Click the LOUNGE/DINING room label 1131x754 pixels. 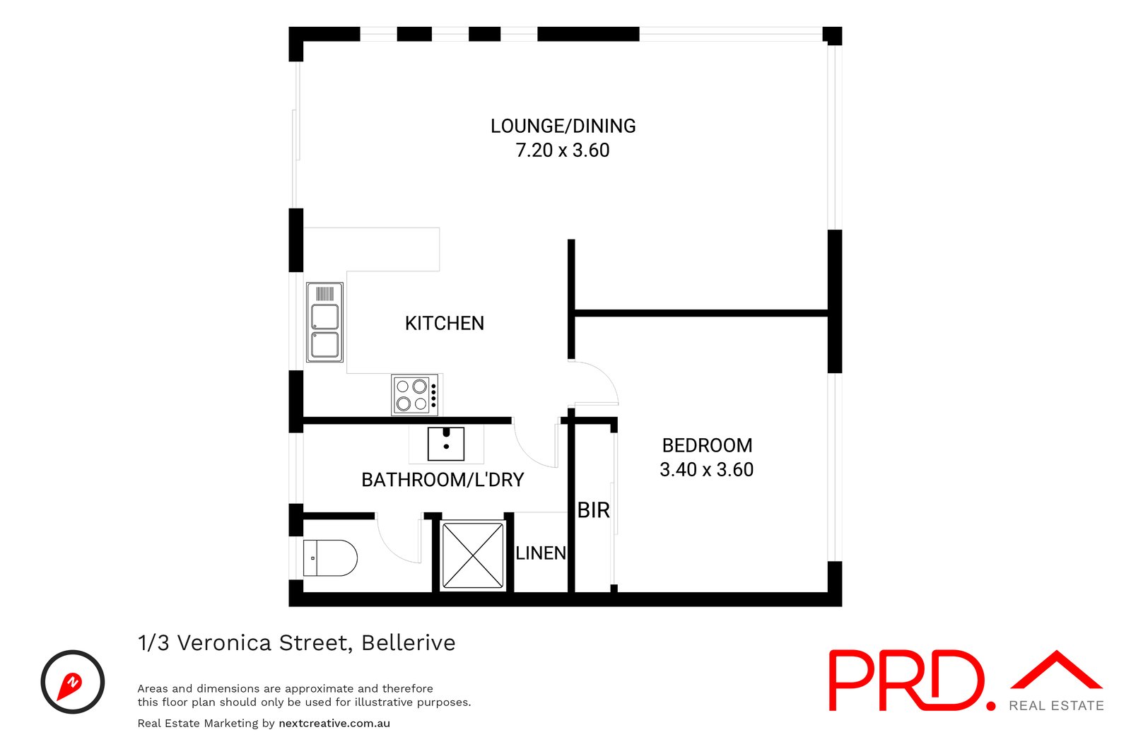click(563, 126)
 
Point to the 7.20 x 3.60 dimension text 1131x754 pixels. click(563, 151)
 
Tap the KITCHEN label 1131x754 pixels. click(444, 324)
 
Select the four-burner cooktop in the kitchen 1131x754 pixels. click(414, 395)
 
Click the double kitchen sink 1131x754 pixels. click(324, 322)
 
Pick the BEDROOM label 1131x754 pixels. click(707, 446)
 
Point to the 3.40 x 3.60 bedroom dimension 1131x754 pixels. click(707, 470)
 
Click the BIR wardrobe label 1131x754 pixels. click(593, 510)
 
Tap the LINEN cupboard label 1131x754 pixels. click(541, 553)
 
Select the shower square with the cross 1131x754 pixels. click(472, 555)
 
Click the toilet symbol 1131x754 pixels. click(330, 558)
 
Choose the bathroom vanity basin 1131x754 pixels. click(446, 444)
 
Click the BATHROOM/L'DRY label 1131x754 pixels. click(443, 481)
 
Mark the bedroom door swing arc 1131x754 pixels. click(597, 382)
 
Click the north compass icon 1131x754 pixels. click(72, 682)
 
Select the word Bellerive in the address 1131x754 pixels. click(408, 643)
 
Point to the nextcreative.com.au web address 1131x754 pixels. click(334, 724)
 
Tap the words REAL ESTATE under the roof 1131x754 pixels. click(1056, 706)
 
